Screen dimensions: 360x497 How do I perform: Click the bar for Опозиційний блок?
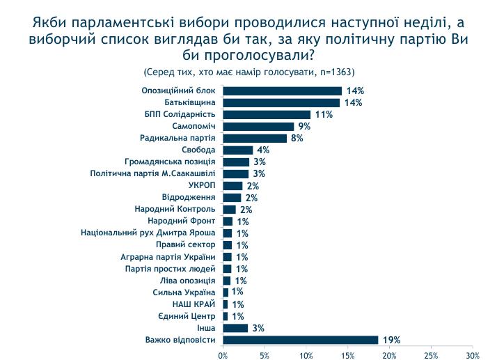(283, 91)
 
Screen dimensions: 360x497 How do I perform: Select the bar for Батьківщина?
(282, 102)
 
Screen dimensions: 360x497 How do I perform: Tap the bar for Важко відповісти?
(301, 340)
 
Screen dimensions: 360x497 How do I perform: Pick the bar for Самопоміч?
(259, 126)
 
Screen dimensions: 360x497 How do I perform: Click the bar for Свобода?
(238, 150)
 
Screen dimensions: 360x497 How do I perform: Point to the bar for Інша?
(235, 328)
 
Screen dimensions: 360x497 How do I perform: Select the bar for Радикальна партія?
(255, 138)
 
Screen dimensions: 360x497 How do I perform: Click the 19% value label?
(391, 340)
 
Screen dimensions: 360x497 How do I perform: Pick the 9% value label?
(304, 126)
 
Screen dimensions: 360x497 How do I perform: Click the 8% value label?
(297, 138)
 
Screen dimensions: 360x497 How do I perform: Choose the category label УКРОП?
(203, 185)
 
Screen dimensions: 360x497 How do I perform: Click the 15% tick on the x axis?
(347, 355)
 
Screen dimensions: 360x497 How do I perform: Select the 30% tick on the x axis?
(472, 355)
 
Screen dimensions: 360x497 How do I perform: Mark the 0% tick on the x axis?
(223, 355)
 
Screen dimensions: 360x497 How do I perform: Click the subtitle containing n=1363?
(248, 72)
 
